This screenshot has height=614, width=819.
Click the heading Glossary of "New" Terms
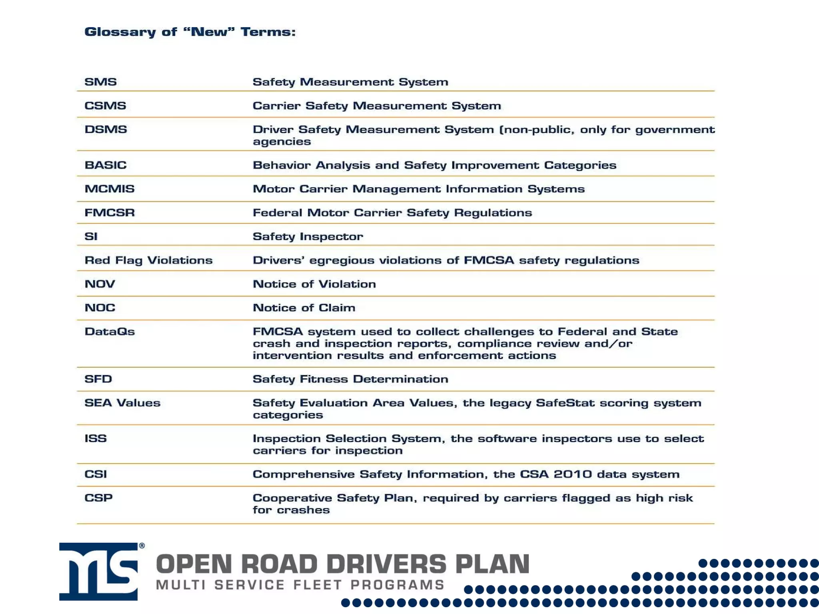point(190,32)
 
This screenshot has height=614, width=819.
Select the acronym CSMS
point(105,106)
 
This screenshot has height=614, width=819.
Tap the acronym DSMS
point(106,130)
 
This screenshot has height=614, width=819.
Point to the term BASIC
point(106,165)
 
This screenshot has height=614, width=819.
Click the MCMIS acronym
point(110,189)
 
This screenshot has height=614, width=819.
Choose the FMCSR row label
point(110,213)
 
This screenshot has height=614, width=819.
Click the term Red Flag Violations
point(148,260)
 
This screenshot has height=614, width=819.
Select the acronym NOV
point(100,284)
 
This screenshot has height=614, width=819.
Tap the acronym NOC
point(100,308)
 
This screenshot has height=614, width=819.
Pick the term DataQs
point(110,332)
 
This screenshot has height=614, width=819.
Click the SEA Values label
point(122,403)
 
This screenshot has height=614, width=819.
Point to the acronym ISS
point(96,439)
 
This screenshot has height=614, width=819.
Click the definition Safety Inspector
point(308,237)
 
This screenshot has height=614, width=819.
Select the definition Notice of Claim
point(304,308)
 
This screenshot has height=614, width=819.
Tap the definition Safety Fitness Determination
point(350,379)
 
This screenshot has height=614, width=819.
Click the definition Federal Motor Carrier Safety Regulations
point(392,213)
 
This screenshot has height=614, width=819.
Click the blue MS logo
point(99,572)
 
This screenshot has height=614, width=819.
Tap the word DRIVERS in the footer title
point(386,564)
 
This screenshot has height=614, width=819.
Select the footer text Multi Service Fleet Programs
point(300,585)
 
